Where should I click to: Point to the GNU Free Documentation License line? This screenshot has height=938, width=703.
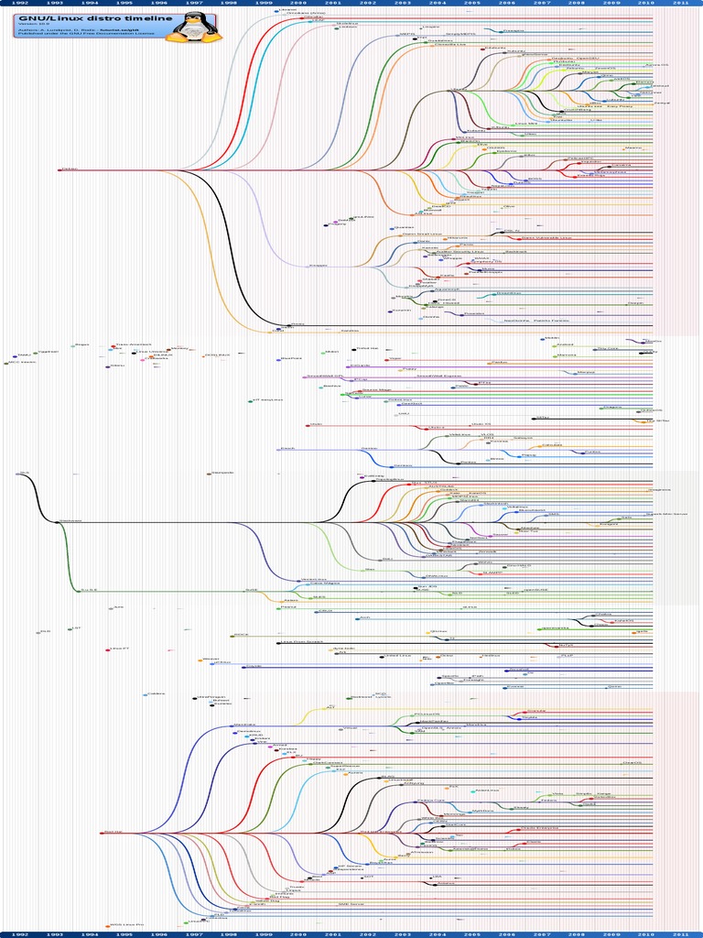click(71, 35)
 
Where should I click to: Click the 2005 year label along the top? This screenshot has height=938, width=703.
click(472, 3)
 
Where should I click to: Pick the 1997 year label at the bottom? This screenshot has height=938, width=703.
click(194, 934)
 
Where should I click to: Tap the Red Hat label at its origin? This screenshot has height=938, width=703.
click(114, 831)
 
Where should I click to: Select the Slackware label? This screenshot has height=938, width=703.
click(71, 521)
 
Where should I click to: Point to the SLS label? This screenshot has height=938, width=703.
click(22, 473)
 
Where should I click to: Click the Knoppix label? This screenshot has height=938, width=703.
click(319, 266)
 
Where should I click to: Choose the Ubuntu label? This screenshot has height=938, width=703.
click(458, 90)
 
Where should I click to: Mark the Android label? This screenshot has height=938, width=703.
click(565, 345)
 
